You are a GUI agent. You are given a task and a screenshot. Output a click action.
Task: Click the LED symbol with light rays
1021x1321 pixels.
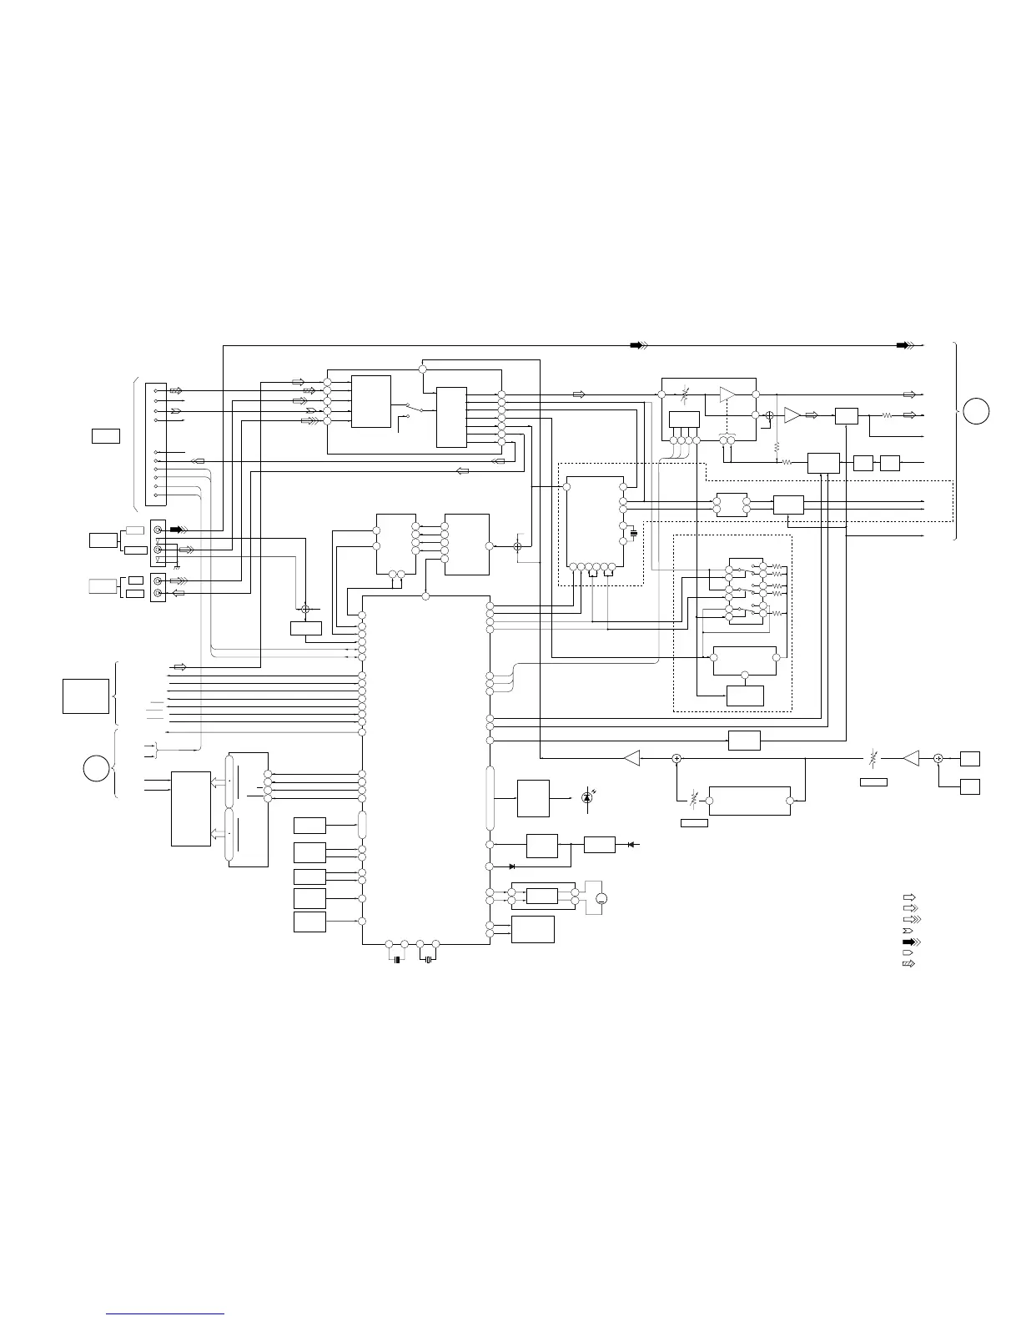pyautogui.click(x=586, y=797)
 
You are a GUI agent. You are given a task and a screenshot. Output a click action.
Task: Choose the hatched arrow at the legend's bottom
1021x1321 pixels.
pyautogui.click(x=908, y=963)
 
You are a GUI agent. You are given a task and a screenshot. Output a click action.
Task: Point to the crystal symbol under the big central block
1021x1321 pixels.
pyautogui.click(x=428, y=960)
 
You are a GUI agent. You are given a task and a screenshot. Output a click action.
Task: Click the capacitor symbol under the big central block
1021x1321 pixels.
pyautogui.click(x=397, y=960)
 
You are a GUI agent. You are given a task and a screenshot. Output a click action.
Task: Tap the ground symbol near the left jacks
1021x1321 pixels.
pyautogui.click(x=176, y=555)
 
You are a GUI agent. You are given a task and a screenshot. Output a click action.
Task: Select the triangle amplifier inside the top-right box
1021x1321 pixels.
pyautogui.click(x=728, y=394)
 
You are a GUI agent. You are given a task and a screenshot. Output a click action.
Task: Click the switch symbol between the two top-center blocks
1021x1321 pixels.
pyautogui.click(x=412, y=409)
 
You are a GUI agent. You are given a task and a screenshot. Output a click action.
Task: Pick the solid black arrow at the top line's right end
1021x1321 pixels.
pyautogui.click(x=903, y=344)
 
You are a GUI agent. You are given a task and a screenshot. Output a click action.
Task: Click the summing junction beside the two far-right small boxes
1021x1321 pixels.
pyautogui.click(x=938, y=758)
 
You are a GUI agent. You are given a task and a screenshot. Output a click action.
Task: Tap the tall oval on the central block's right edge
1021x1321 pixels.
pyautogui.click(x=490, y=798)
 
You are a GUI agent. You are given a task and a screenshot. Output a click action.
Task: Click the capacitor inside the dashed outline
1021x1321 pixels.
pyautogui.click(x=633, y=531)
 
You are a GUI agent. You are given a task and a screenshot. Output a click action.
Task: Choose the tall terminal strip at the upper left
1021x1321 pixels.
pyautogui.click(x=156, y=444)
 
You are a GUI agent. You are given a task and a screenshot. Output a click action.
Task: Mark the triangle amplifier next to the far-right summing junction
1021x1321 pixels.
pyautogui.click(x=912, y=758)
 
